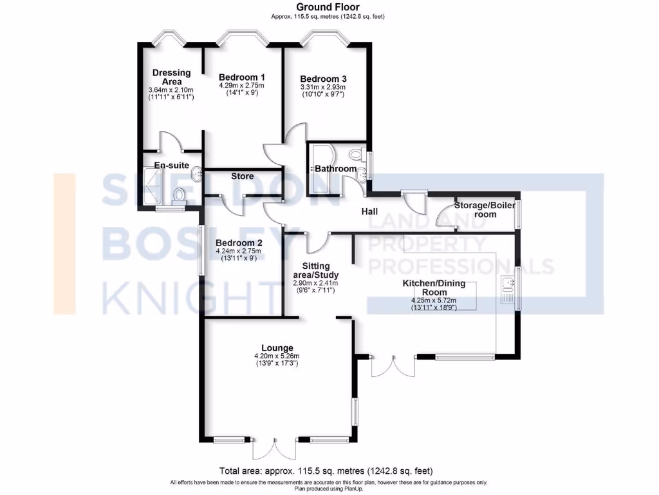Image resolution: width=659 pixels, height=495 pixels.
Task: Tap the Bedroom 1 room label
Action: click(x=241, y=77)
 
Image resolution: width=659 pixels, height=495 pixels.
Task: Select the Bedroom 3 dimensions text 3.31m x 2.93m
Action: click(x=322, y=87)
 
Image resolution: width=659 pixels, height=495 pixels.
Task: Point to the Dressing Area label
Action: click(x=171, y=77)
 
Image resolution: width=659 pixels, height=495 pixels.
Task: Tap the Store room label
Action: click(x=242, y=176)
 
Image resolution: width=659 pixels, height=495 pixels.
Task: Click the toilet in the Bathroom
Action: click(x=355, y=155)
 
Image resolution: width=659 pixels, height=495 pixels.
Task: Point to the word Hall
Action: click(x=369, y=211)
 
